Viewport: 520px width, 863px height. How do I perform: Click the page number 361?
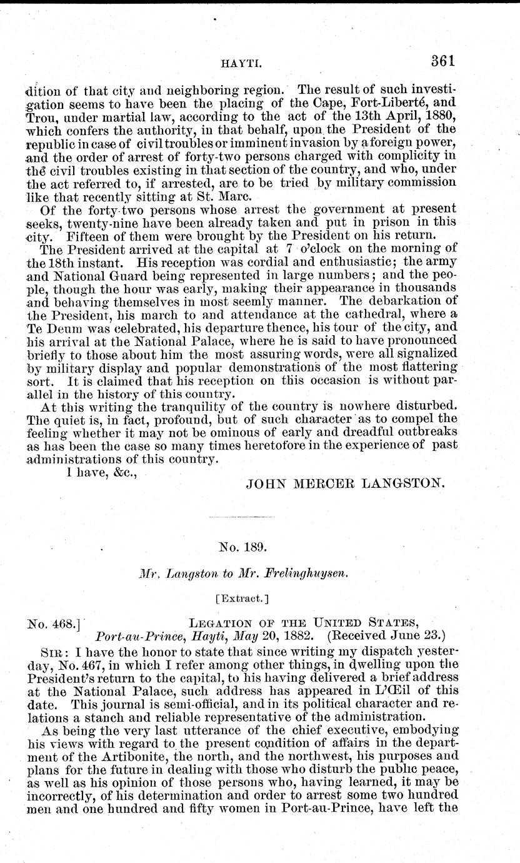(x=439, y=61)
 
